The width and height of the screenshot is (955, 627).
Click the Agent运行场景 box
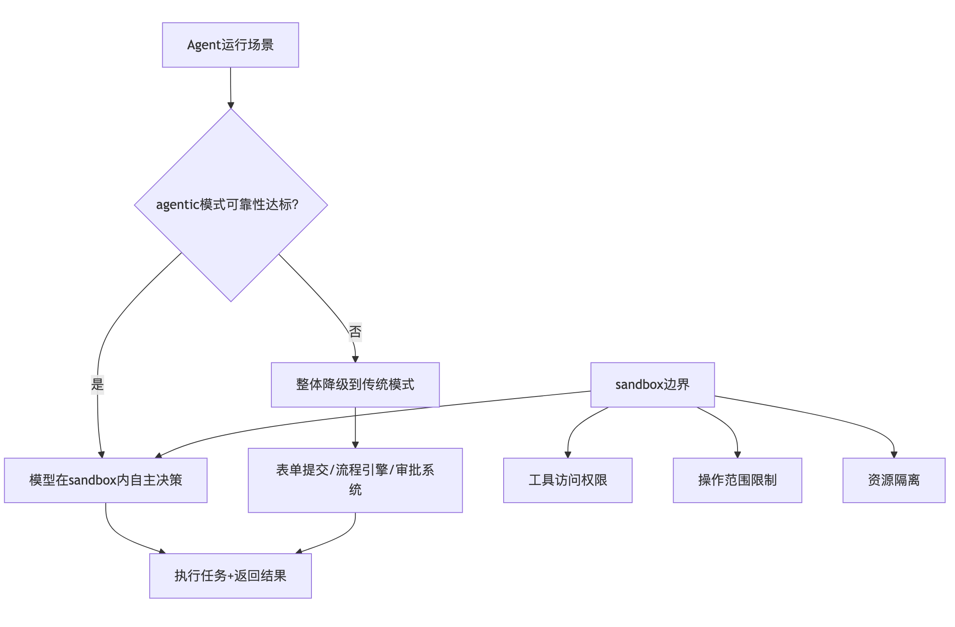click(231, 45)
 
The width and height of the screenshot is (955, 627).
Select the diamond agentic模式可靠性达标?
click(231, 205)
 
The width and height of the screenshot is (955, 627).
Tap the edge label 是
click(97, 384)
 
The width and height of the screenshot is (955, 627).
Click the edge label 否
click(355, 332)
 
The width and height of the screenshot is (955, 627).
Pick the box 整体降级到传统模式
click(355, 385)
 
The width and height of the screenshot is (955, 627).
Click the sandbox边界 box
click(652, 385)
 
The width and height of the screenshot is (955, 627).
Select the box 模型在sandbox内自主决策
click(105, 480)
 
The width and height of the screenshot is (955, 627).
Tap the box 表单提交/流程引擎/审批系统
click(355, 480)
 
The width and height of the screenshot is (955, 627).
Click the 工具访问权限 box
click(568, 480)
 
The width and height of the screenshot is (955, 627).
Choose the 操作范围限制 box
click(737, 480)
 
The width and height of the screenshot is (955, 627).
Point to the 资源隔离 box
click(893, 480)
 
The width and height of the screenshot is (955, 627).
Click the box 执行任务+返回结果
click(231, 576)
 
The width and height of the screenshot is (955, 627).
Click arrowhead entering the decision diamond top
click(231, 105)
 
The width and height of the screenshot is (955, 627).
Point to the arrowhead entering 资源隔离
click(894, 455)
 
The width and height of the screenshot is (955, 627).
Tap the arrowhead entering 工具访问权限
click(568, 455)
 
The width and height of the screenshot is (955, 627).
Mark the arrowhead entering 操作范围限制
click(738, 455)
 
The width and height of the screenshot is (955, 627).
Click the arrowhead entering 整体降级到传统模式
click(355, 359)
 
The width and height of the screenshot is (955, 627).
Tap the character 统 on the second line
click(355, 490)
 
